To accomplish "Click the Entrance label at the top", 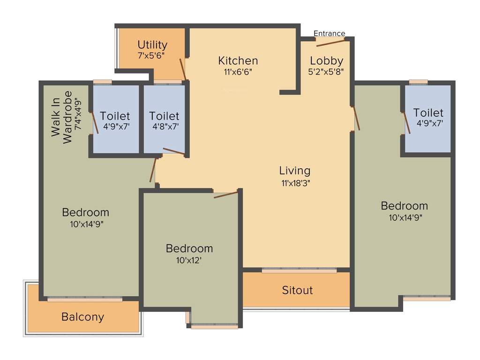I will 329,33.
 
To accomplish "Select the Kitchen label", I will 238,60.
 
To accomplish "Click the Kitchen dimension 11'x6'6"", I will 238,72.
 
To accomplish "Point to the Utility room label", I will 152,45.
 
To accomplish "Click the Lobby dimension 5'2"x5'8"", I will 327,72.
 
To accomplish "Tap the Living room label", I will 295,171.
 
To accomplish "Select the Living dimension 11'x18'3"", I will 295,183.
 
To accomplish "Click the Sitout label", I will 297,290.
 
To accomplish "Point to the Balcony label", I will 82,317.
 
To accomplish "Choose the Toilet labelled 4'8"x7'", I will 164,116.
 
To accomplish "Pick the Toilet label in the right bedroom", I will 428,112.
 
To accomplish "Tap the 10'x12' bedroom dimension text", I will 189,260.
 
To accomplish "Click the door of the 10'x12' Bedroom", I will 226,194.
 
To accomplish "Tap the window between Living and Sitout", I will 299,270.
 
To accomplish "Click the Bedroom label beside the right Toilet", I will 404,206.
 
